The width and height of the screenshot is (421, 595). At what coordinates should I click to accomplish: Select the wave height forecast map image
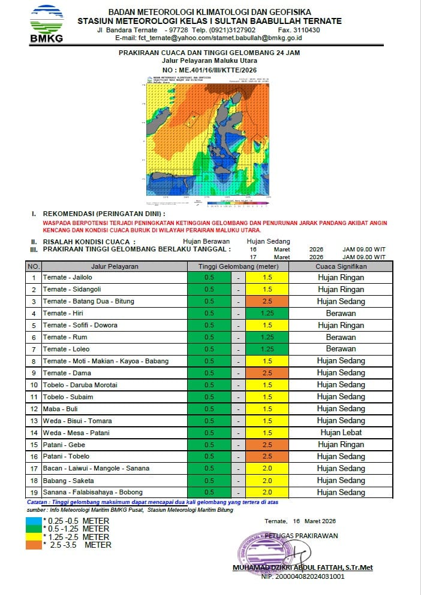pos(208,141)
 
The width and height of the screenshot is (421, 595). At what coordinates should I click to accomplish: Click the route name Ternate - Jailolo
pos(68,278)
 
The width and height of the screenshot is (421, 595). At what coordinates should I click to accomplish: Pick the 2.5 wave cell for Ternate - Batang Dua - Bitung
pos(267,302)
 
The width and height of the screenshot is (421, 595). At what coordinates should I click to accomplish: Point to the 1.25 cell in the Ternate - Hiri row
pos(267,314)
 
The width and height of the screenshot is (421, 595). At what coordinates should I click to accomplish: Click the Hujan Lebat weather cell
pos(341,433)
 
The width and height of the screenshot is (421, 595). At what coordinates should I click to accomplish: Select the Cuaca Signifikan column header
pos(341,266)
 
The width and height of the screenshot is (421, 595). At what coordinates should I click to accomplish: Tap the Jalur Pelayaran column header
pos(115,266)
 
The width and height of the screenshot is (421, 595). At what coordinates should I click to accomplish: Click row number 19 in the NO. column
pos(34,492)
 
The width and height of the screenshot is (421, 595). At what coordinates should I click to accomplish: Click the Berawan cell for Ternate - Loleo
pos(341,349)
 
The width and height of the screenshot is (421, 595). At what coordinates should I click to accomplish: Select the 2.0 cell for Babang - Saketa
pos(267,481)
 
